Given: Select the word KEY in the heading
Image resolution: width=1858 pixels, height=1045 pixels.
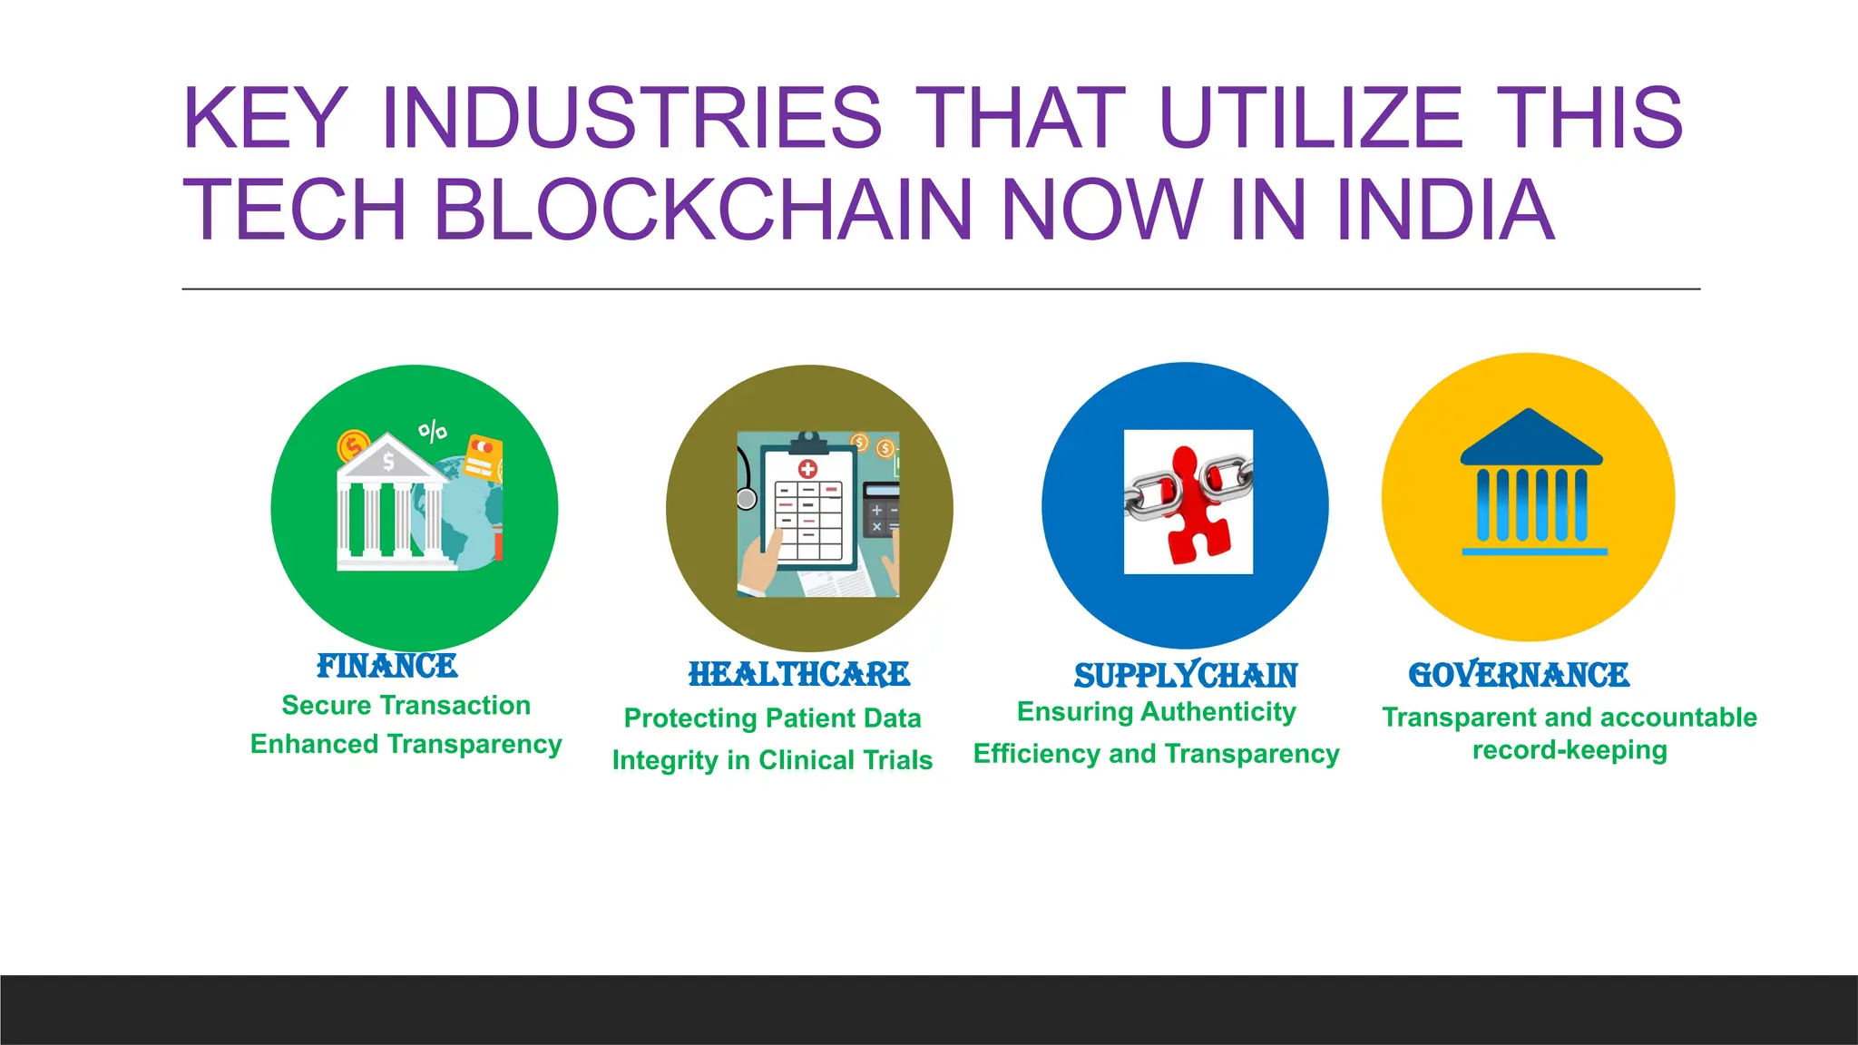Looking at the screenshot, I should (x=264, y=118).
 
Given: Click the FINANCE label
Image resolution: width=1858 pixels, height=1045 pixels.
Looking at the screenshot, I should (x=387, y=667).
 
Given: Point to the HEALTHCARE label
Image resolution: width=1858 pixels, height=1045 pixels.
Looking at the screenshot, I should (x=798, y=675).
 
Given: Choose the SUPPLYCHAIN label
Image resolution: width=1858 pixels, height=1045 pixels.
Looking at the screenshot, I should (x=1186, y=676).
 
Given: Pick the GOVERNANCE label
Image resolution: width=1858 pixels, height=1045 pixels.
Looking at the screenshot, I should (x=1519, y=675).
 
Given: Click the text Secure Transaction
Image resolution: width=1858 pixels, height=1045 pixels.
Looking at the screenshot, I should (x=406, y=705).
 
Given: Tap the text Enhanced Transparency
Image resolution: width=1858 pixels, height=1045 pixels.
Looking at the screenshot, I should (x=406, y=744).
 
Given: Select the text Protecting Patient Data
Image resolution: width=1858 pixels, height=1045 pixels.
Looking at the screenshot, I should (x=772, y=718).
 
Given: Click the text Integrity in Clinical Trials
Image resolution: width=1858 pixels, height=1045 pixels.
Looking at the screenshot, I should (x=772, y=759).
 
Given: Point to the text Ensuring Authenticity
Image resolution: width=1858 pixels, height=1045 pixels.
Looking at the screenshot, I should (x=1156, y=712).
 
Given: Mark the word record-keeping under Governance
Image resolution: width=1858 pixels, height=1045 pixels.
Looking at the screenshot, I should (x=1570, y=750).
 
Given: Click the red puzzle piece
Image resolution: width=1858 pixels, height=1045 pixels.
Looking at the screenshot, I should (x=1190, y=508).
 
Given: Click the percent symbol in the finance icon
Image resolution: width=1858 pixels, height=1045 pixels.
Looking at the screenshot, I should (x=433, y=431).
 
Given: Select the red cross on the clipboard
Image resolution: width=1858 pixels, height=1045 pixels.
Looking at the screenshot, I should (x=807, y=469).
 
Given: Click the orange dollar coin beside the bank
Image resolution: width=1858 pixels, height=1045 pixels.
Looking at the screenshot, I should (x=353, y=445).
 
